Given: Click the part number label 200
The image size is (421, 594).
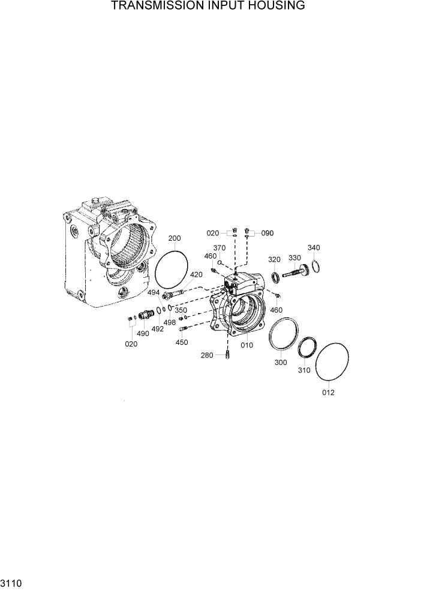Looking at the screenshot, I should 174,238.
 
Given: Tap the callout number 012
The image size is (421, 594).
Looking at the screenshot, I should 328,393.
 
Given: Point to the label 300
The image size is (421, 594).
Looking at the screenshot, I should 281,362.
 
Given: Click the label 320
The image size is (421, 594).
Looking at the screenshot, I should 274,259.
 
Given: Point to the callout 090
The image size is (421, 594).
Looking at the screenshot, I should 267,233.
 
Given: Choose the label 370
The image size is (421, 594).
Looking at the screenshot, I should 219,248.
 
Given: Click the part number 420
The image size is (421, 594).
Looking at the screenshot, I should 196,274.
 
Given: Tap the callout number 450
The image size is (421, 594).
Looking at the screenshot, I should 181,343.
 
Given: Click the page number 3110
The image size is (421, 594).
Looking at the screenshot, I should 11,583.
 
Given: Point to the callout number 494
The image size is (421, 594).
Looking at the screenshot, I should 154,293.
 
